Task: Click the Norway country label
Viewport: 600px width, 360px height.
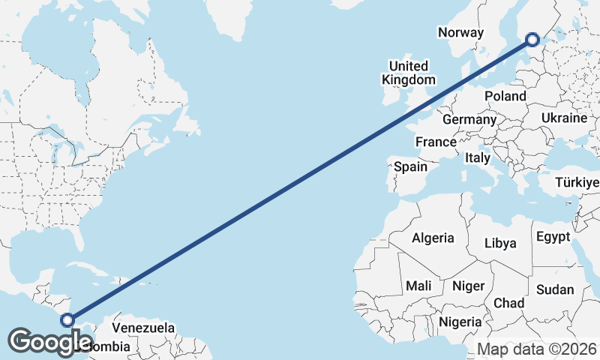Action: point(460,32)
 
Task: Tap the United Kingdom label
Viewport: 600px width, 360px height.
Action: point(408,73)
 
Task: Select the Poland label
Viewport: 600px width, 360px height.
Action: point(505,96)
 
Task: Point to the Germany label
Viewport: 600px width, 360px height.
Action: point(469,119)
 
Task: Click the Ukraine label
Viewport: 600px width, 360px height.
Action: point(563,118)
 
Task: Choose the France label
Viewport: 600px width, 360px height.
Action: point(436,142)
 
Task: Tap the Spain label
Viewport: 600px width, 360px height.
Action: point(410,166)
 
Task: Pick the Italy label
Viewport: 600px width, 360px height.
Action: point(478,158)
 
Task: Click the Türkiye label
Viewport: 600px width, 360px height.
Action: point(577,182)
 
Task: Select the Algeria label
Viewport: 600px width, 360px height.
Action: point(433,238)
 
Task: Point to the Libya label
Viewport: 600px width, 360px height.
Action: point(501,243)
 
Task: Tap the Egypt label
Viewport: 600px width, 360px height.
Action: point(553,237)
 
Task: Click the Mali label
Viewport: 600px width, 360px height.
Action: point(418,286)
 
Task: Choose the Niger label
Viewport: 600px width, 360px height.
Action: point(468,286)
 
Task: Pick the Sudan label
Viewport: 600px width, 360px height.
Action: point(556,289)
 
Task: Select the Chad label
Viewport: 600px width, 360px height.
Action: point(508,302)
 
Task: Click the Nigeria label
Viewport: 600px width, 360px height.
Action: point(460,321)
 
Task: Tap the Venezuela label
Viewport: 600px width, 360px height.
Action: point(143,328)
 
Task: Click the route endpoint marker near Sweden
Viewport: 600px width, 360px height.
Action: point(532,40)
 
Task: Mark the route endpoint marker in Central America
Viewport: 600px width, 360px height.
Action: point(67,320)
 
